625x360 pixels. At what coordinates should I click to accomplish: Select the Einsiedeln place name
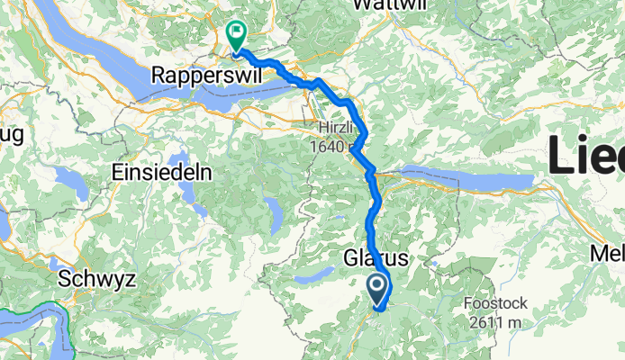point(162,172)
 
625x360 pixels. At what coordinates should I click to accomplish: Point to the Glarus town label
point(376,258)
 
